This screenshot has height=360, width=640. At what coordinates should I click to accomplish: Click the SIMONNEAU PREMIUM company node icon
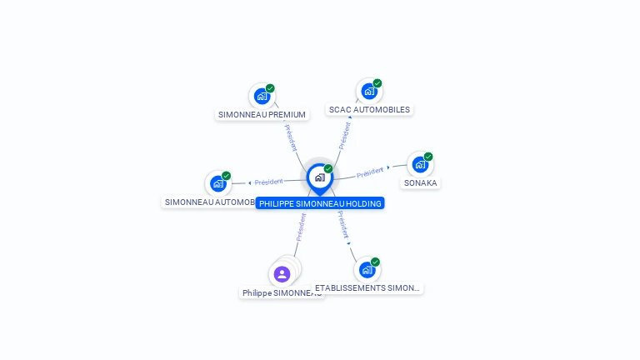[x=262, y=96]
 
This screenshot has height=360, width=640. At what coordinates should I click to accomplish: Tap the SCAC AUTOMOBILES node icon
[x=368, y=91]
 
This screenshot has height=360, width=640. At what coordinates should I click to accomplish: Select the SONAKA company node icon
[x=419, y=164]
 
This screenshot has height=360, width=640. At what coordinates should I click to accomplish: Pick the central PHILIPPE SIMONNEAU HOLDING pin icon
[x=319, y=177]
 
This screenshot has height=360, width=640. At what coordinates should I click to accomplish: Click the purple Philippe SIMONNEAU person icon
[x=282, y=274]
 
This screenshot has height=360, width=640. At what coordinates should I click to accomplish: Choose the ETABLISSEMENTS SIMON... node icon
[x=367, y=270]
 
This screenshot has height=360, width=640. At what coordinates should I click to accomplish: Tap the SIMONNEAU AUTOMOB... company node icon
[x=218, y=183]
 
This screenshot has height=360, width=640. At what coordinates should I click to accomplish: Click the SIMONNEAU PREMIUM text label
[x=262, y=114]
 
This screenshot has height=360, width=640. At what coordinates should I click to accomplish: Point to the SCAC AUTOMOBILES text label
[x=369, y=109]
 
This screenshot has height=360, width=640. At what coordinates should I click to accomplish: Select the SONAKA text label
[x=420, y=182]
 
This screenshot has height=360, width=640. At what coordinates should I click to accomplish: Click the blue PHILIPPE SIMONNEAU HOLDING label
[x=320, y=203]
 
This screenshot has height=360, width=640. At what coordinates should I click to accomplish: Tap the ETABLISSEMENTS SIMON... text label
[x=367, y=287]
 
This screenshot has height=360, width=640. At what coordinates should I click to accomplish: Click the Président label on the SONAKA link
[x=370, y=172]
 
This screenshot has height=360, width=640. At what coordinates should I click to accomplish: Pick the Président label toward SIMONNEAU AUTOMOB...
[x=269, y=182]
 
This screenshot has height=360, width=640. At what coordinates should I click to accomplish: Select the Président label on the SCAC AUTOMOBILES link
[x=342, y=135]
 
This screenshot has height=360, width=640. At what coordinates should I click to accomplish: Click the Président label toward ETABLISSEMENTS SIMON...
[x=342, y=224]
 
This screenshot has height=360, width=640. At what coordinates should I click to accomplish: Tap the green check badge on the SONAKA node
[x=428, y=157]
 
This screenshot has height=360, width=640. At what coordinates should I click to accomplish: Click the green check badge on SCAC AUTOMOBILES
[x=377, y=83]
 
